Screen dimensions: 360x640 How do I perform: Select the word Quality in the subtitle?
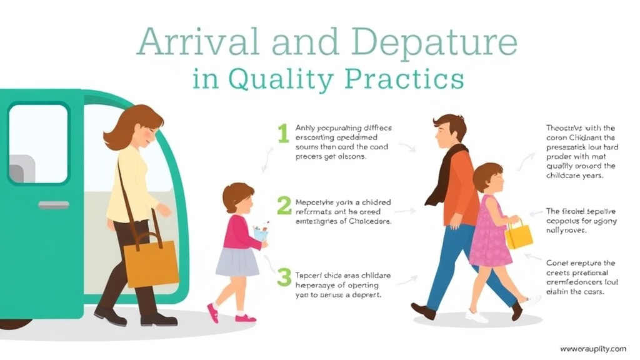point(279,81)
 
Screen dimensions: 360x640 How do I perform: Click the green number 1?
point(283,132)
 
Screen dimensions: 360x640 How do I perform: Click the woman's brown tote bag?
point(150,263)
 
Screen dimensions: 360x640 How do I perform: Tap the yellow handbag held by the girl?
point(519,236)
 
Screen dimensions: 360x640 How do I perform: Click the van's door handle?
point(54,204)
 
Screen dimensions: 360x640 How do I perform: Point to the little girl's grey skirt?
point(237,262)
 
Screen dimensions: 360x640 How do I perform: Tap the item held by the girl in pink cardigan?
point(261,232)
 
